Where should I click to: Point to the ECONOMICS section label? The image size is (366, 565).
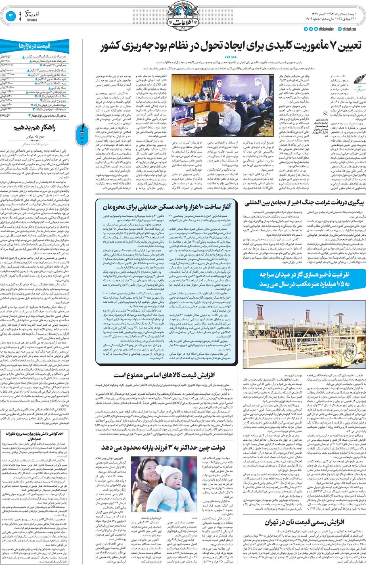[32, 19]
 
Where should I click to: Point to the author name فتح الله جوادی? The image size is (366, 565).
[40, 137]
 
